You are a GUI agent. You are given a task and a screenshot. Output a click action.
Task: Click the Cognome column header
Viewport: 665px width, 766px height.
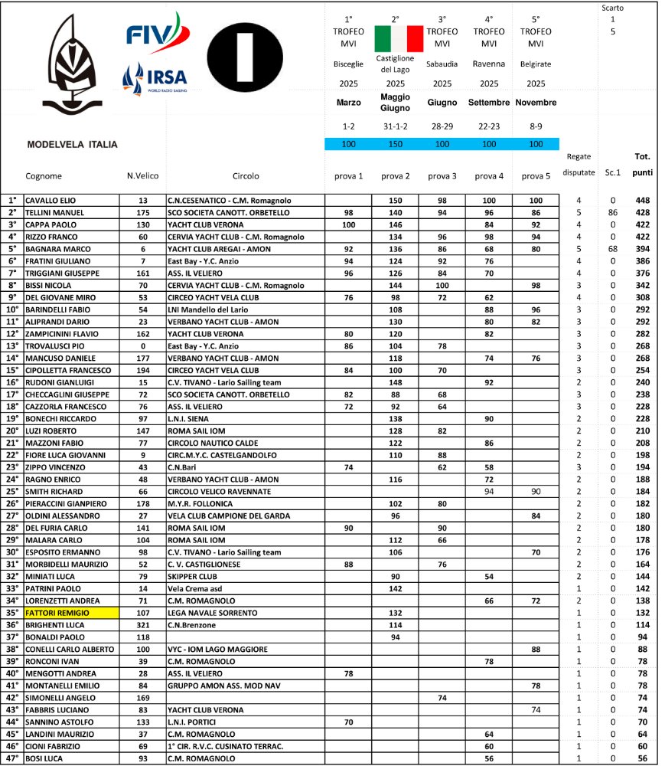(44, 175)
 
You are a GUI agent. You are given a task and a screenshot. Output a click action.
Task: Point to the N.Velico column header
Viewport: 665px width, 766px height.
(142, 175)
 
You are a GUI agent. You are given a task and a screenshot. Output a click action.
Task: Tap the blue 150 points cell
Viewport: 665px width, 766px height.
(396, 144)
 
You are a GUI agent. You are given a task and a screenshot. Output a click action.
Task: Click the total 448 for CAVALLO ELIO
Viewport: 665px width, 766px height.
(642, 201)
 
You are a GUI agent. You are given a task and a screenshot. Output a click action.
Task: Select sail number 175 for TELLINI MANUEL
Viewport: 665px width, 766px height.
(142, 212)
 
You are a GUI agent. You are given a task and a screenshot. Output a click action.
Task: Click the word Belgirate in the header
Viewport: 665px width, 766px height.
(536, 64)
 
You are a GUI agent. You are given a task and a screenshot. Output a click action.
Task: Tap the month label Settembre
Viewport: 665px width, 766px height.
(489, 103)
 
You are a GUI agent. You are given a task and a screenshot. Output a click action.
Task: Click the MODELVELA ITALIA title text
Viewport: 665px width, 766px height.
(72, 144)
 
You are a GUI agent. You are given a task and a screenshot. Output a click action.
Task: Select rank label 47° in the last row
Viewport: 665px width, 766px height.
(11, 758)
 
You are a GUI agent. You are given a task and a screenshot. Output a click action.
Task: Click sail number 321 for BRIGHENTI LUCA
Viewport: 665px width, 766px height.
(142, 625)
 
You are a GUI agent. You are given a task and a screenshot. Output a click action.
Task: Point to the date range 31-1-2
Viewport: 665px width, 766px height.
(396, 125)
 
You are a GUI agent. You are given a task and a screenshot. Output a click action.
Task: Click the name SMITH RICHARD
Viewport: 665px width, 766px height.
(51, 491)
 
